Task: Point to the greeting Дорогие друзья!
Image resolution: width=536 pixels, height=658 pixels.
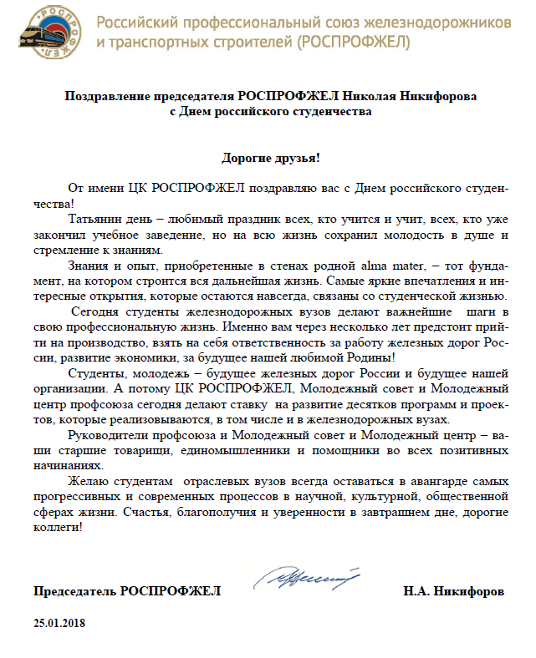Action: click(271, 156)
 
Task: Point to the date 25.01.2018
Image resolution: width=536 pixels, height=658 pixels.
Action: click(60, 623)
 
